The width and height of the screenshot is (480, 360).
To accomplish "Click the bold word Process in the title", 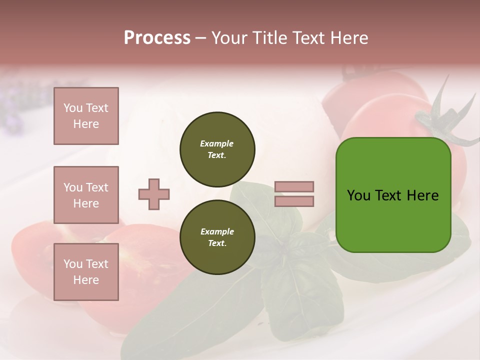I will (157, 38).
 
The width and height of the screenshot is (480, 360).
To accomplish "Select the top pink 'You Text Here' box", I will (86, 116).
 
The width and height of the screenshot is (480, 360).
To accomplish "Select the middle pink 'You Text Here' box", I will (86, 195).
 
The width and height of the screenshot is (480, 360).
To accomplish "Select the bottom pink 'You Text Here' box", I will (86, 272).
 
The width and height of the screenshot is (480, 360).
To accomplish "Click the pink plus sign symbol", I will (154, 194).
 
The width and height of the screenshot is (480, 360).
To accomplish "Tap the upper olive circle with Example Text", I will (217, 149).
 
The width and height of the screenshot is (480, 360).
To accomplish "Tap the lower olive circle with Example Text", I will (217, 237).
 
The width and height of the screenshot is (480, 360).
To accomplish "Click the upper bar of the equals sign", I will (294, 187).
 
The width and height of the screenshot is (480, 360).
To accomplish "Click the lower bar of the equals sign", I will (294, 201).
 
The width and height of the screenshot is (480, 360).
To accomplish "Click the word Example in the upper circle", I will (217, 143).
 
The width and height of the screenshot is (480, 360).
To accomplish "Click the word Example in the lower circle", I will (217, 231).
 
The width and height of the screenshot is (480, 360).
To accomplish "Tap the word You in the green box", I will (358, 195).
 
